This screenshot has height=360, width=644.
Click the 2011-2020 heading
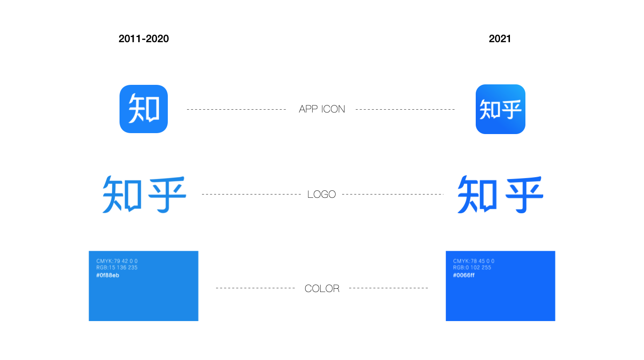point(144,39)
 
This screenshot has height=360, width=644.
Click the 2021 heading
point(500,39)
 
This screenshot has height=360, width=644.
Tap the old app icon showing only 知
point(144,109)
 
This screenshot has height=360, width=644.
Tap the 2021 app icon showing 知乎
point(501,109)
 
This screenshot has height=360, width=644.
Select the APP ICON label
point(322,109)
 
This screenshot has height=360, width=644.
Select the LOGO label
point(322,195)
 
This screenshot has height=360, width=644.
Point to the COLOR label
point(322,288)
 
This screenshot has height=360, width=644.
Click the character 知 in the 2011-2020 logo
point(122,195)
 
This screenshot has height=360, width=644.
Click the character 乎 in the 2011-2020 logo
point(167,195)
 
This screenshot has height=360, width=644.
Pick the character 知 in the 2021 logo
point(477,195)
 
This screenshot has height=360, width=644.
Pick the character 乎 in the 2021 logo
point(524,195)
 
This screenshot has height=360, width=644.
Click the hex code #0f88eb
point(108,276)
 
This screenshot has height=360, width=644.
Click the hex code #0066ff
point(464,276)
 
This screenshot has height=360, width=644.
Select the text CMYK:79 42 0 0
point(117,261)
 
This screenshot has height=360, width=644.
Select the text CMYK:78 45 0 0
point(474,261)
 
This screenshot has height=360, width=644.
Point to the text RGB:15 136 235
point(117,268)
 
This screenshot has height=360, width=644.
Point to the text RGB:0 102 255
point(472,268)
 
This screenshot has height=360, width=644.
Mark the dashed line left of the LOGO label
point(251,195)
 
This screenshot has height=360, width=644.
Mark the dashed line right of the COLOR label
point(389,288)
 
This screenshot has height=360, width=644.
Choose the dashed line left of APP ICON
point(236,109)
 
